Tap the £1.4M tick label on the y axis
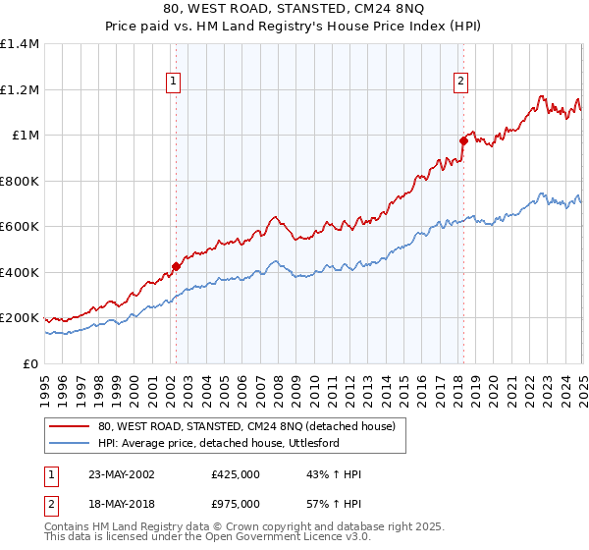coord(20,44)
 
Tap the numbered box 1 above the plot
coord(173,83)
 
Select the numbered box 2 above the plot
coord(459,83)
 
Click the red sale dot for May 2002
coord(177,266)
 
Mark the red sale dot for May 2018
coord(463,140)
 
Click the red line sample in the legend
coord(70,425)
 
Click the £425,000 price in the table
coord(236,474)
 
